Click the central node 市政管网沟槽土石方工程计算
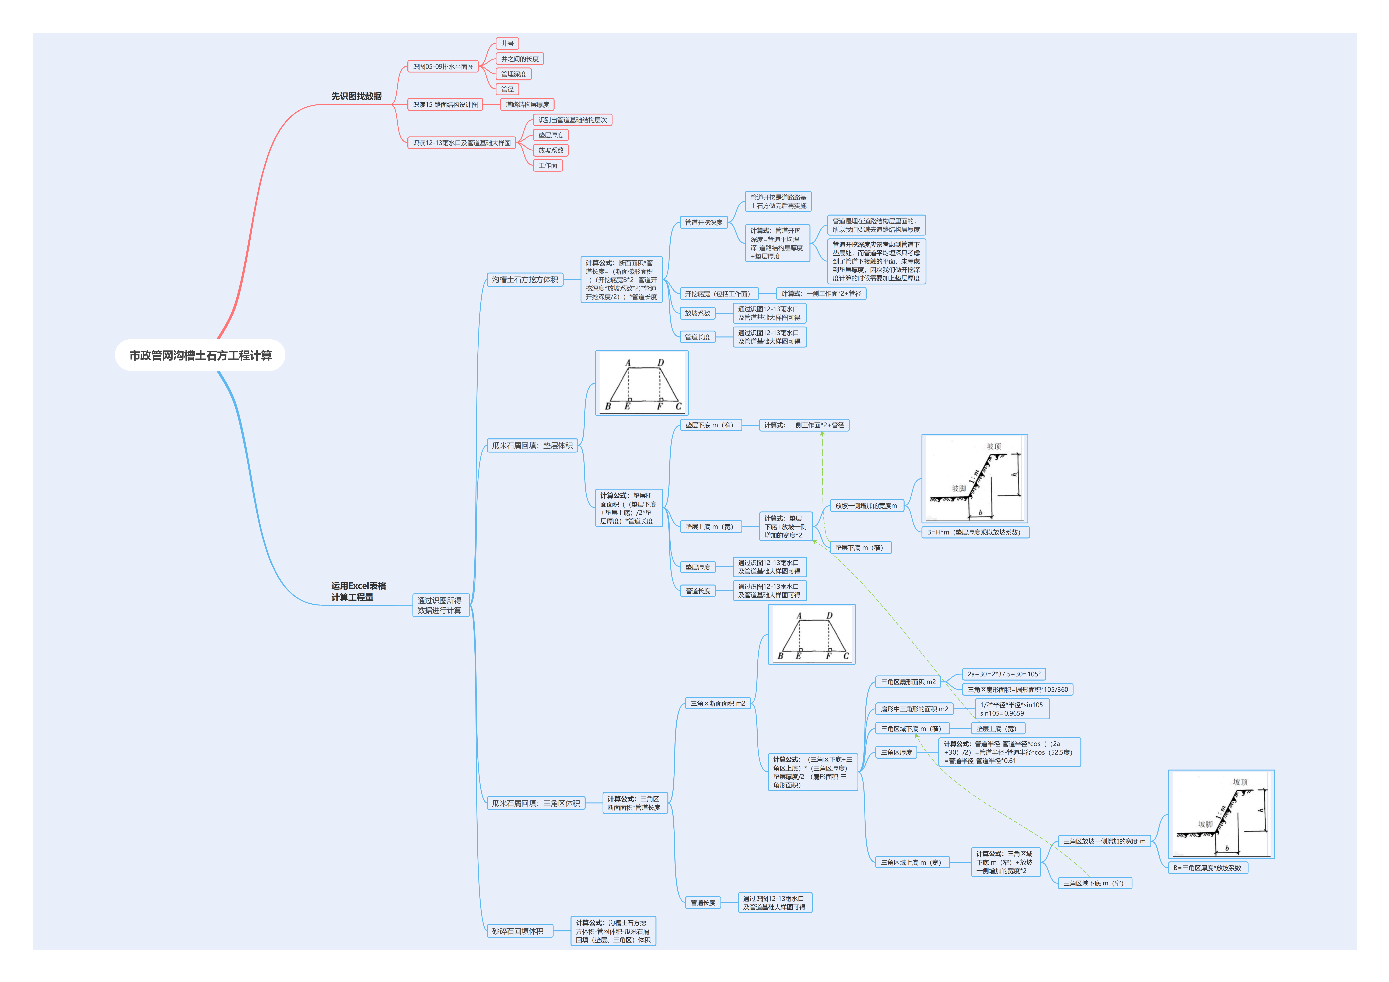point(200,356)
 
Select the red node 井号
point(507,44)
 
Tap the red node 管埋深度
point(513,74)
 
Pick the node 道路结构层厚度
point(527,105)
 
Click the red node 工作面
point(547,166)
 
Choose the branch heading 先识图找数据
point(356,96)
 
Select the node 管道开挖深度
point(703,223)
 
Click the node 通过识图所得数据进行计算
point(440,605)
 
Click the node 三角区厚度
point(896,752)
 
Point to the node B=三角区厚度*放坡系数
point(1207,868)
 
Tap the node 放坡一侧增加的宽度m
point(866,505)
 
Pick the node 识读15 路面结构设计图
point(445,105)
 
